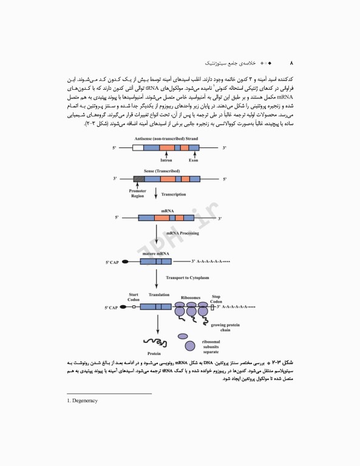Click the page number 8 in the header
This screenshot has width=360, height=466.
pyautogui.click(x=292, y=63)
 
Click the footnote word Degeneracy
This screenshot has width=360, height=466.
pyautogui.click(x=85, y=400)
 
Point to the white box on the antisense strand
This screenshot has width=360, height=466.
pyautogui.click(x=138, y=147)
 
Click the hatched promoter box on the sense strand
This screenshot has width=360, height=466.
pyautogui.click(x=139, y=180)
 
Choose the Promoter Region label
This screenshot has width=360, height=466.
pyautogui.click(x=138, y=194)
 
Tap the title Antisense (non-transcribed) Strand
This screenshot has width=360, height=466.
pyautogui.click(x=170, y=139)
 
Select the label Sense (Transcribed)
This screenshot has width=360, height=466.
pyautogui.click(x=161, y=172)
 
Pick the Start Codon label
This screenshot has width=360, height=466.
pyautogui.click(x=134, y=297)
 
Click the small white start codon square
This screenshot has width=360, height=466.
pyautogui.click(x=134, y=308)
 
